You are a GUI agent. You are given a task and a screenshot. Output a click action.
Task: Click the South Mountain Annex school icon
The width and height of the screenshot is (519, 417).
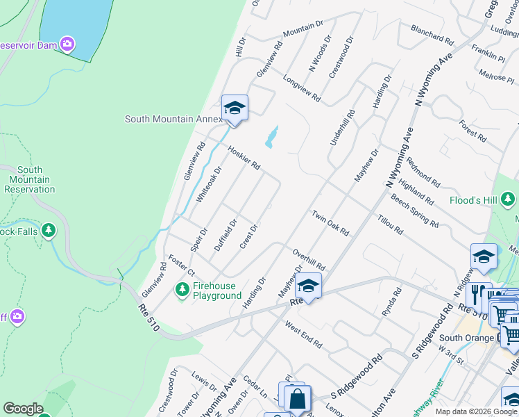(x=235, y=108)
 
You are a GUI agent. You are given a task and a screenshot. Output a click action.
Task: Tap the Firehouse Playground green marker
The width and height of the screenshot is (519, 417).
(x=183, y=288)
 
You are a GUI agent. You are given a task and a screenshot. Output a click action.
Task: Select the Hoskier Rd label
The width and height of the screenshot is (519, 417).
(x=244, y=157)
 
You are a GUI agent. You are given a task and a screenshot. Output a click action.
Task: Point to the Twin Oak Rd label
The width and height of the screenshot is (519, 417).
(x=330, y=222)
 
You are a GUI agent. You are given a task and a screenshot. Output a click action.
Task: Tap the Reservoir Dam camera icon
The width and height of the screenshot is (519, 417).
(x=67, y=44)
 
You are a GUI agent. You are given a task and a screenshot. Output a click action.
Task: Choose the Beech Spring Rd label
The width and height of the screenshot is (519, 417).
(x=414, y=211)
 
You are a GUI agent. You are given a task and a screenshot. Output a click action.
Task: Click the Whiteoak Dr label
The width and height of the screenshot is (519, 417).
(x=209, y=183)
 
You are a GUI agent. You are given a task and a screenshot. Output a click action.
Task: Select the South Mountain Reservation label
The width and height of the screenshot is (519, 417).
(x=29, y=179)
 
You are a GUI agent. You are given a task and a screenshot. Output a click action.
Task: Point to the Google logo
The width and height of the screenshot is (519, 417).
(x=23, y=409)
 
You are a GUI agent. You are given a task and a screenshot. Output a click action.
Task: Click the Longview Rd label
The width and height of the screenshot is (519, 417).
(x=301, y=88)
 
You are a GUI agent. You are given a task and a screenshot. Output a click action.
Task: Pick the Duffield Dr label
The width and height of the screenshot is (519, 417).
(x=226, y=234)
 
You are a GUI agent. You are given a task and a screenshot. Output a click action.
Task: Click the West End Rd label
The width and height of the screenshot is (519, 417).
(x=303, y=334)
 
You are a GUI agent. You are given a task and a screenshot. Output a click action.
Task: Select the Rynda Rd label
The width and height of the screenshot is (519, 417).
(x=392, y=304)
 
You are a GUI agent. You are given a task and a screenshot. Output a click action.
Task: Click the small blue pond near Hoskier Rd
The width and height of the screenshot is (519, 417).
(x=271, y=136)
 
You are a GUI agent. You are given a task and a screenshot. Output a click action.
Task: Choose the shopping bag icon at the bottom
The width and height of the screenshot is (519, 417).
(x=297, y=399)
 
